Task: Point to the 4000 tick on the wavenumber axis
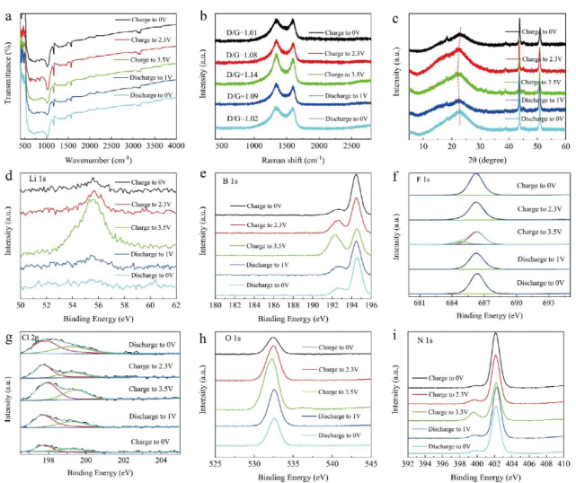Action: tap(174, 145)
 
